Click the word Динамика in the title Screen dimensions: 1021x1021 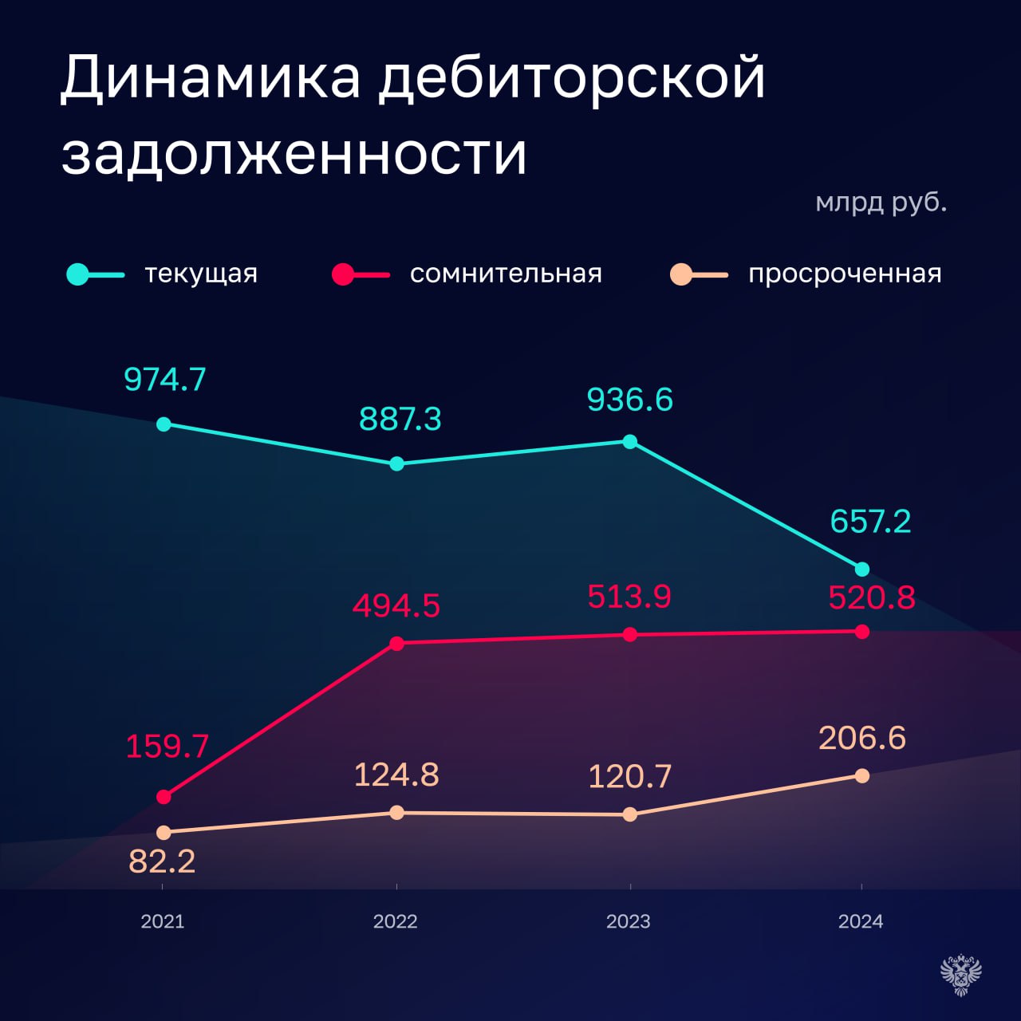(211, 78)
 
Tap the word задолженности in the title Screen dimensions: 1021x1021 (294, 153)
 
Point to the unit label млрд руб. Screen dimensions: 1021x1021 (881, 202)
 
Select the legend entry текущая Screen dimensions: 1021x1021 (201, 274)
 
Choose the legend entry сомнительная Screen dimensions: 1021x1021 (506, 274)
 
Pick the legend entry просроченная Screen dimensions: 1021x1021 (845, 274)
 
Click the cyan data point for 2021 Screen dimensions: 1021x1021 (164, 424)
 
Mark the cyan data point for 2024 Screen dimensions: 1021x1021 (862, 570)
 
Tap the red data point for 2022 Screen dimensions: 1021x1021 (396, 644)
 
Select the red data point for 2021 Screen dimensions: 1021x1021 (164, 797)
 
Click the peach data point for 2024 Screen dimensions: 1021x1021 (862, 775)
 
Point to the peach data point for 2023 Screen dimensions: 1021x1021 (629, 814)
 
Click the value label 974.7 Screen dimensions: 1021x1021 (165, 380)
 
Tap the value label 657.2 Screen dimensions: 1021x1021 (870, 522)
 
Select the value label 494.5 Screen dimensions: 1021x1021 (396, 606)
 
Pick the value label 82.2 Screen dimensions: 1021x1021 (162, 861)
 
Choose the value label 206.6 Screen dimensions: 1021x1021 (862, 738)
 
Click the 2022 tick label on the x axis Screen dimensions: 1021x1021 (396, 921)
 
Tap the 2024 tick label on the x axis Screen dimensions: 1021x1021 (861, 921)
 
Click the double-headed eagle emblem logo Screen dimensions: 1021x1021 (960, 974)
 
